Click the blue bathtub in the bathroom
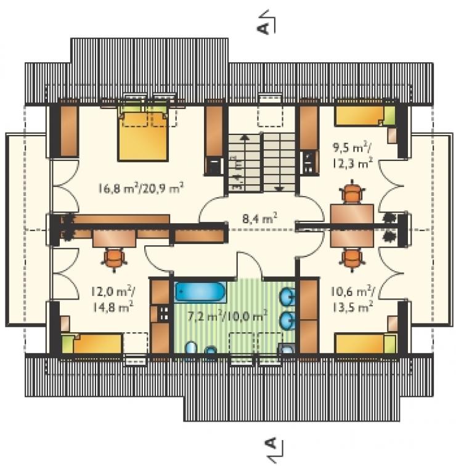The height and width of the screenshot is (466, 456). click(200, 292)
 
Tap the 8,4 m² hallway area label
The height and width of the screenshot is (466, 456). click(260, 218)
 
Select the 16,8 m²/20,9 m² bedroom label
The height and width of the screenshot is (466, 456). click(140, 188)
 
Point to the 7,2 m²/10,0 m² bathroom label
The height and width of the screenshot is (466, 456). click(227, 316)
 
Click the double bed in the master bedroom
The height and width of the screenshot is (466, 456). click(143, 134)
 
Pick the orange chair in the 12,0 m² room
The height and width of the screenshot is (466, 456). click(114, 259)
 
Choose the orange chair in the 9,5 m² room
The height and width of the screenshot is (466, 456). click(352, 192)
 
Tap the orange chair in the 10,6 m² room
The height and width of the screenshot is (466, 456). click(352, 259)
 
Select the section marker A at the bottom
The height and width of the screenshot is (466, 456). click(273, 449)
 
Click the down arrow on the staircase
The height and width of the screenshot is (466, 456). click(279, 189)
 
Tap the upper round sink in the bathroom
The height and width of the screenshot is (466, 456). click(287, 296)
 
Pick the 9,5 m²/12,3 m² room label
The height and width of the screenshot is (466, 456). click(352, 155)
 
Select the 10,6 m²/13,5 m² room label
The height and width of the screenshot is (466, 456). click(352, 300)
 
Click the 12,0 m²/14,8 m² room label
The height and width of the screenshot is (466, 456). click(113, 299)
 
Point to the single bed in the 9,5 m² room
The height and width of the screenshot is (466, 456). click(365, 116)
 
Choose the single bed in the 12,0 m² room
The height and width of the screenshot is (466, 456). click(92, 344)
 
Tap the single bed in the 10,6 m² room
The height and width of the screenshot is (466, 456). click(365, 344)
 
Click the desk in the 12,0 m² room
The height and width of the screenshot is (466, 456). click(114, 239)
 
